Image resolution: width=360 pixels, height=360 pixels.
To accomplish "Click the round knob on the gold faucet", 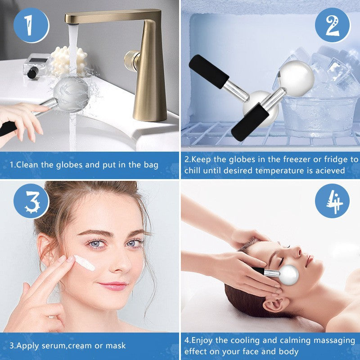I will (x=132, y=59).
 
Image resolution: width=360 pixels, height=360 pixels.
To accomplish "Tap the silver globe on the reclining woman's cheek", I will (x=288, y=275).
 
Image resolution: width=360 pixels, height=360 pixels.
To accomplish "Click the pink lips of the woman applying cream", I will (x=112, y=286).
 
